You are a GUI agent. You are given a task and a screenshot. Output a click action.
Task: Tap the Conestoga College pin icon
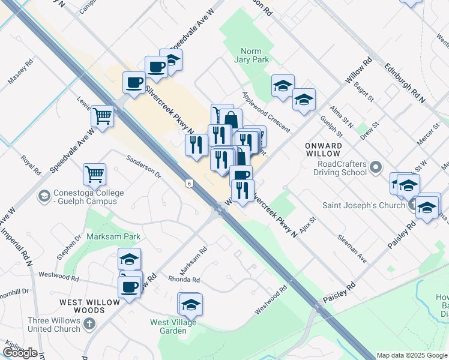click(44, 196)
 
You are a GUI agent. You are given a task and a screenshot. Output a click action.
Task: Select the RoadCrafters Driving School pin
click(376, 166)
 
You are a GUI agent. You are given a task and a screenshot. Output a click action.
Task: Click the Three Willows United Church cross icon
click(89, 325)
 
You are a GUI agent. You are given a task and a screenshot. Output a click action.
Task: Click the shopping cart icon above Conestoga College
click(95, 173)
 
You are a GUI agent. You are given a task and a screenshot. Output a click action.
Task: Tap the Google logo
click(20, 353)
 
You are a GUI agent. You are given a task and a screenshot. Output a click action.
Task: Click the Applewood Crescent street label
click(266, 112)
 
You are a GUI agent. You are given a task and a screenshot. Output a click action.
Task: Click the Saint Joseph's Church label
click(366, 205)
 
